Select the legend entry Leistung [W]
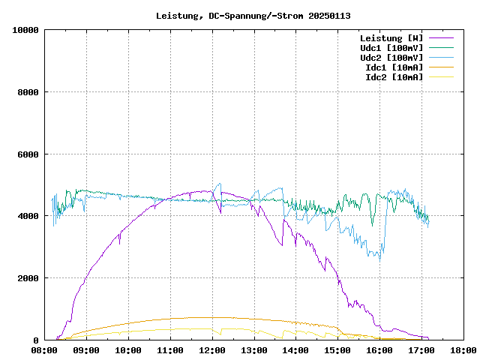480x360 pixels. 391,37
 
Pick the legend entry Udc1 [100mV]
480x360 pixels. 391,47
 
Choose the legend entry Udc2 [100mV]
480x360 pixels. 391,57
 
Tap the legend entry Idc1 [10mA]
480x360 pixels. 394,67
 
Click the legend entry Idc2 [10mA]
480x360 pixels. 394,76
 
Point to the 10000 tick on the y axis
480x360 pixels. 25,30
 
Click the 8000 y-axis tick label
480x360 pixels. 28,92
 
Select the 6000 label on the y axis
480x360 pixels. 28,154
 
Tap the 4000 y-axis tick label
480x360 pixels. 28,217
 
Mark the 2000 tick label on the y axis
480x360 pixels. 28,278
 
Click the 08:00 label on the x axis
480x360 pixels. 44,349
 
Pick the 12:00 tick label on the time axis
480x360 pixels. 212,349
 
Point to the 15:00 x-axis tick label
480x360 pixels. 337,349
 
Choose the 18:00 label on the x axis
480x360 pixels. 463,349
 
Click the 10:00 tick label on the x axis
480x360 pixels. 128,349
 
